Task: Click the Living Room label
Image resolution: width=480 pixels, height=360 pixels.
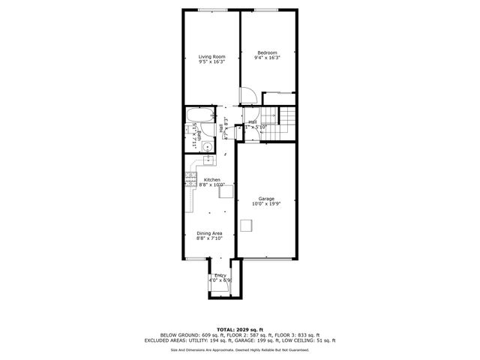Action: tap(211, 56)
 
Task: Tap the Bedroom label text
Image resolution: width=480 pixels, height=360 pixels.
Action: tap(268, 52)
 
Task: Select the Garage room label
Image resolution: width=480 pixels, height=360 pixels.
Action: tap(266, 199)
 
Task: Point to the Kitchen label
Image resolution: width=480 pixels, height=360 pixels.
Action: tap(212, 180)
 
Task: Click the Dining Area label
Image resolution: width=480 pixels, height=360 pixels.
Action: tap(210, 233)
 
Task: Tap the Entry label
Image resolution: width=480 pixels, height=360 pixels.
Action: tap(220, 276)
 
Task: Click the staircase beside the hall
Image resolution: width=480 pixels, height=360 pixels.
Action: tap(288, 122)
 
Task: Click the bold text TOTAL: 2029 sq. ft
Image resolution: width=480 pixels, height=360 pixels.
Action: tap(239, 329)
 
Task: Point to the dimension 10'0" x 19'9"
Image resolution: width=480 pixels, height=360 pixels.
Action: tap(266, 204)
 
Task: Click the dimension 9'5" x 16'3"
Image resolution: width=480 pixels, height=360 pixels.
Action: tap(211, 61)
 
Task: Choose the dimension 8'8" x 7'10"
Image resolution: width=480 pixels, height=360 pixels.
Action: tap(210, 238)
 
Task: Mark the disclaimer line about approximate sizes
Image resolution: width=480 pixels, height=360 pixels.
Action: tap(239, 349)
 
